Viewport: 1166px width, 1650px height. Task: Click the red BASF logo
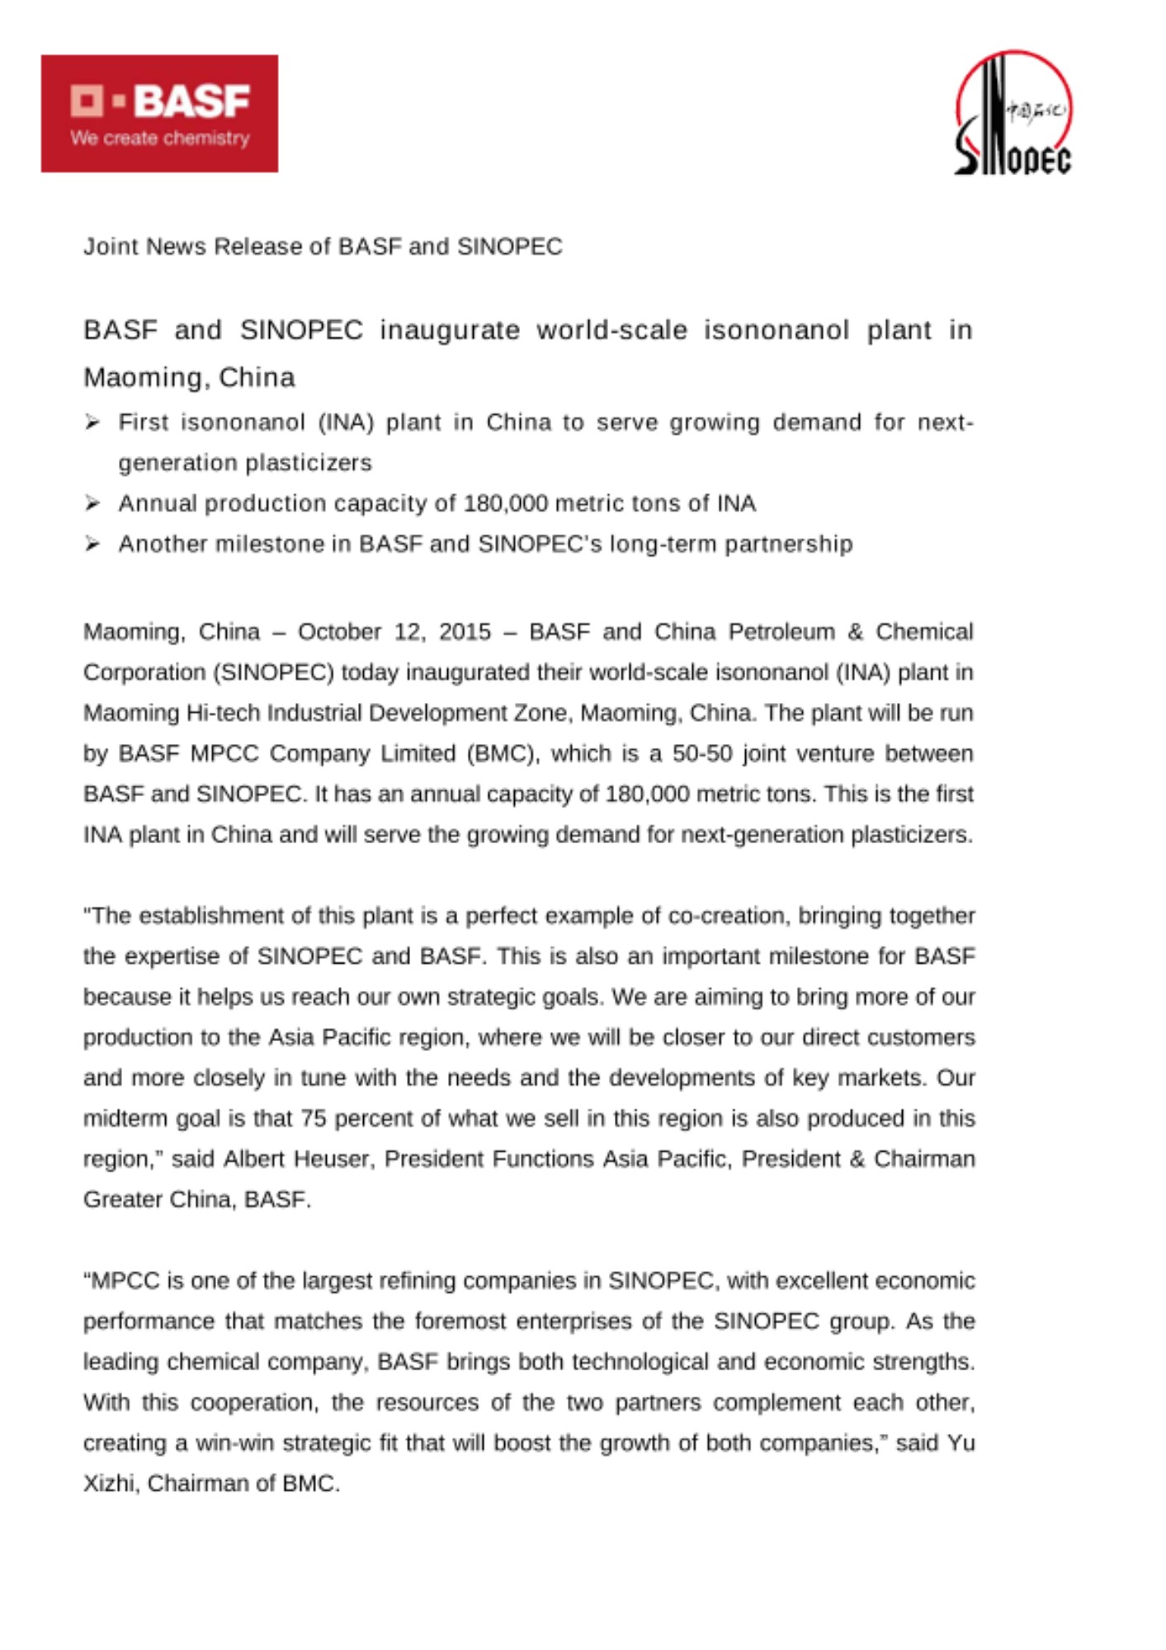tap(159, 113)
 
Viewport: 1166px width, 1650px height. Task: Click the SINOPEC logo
tap(1013, 114)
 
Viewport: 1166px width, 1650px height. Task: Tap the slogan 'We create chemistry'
tap(160, 138)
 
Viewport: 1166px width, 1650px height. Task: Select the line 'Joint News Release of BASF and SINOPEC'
tap(323, 247)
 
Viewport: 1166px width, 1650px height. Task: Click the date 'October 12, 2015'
tap(394, 632)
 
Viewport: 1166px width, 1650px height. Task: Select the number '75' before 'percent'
tap(314, 1119)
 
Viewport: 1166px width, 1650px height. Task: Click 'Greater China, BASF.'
tap(197, 1200)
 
